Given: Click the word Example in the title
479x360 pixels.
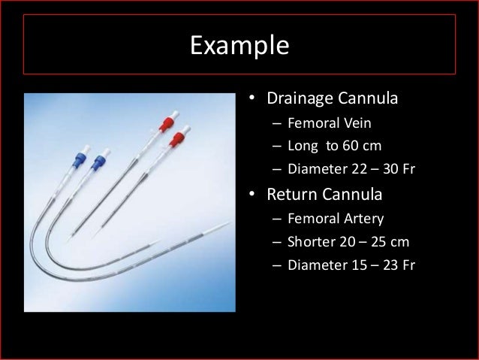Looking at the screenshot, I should [x=239, y=46].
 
